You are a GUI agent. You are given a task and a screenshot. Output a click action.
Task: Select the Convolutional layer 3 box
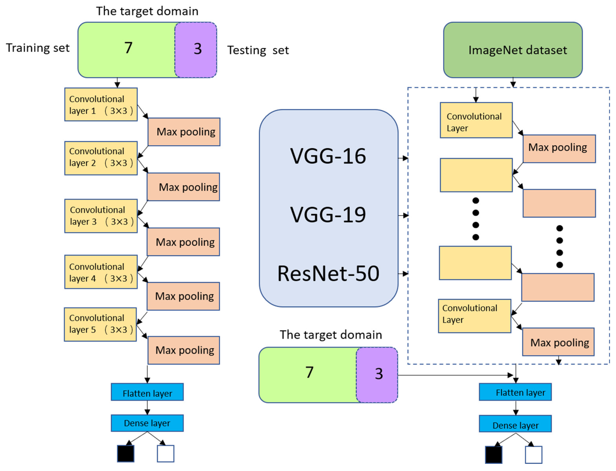(101, 216)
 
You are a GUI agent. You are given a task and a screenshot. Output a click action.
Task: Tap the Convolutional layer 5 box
(100, 324)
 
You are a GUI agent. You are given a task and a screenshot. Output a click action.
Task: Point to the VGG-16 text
(328, 156)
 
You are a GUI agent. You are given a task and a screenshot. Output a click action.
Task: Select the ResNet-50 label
(328, 274)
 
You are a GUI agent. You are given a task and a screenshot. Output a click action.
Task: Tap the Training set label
(38, 48)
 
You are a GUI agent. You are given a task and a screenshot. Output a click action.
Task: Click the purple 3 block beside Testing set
(196, 50)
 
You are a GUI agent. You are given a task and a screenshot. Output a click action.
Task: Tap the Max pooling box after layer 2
(183, 187)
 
